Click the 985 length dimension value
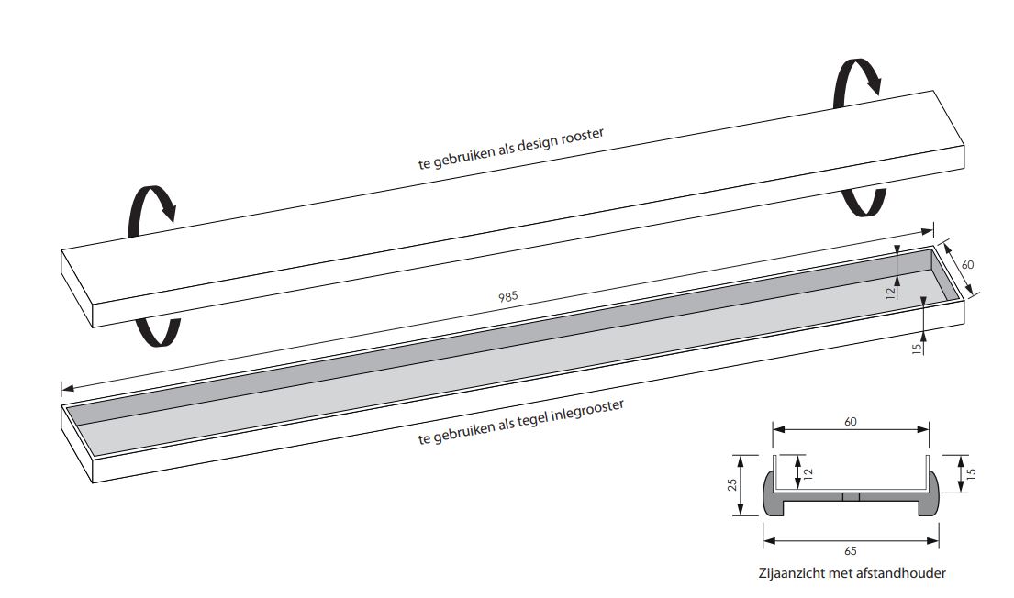pyautogui.click(x=508, y=297)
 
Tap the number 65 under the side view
pyautogui.click(x=851, y=551)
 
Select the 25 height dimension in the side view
pyautogui.click(x=732, y=485)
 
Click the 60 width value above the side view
pyautogui.click(x=851, y=422)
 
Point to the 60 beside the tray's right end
pyautogui.click(x=967, y=264)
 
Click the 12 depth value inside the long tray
pyautogui.click(x=891, y=293)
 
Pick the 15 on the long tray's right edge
pyautogui.click(x=916, y=349)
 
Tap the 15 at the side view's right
pyautogui.click(x=970, y=472)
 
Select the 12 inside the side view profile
pyautogui.click(x=808, y=472)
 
